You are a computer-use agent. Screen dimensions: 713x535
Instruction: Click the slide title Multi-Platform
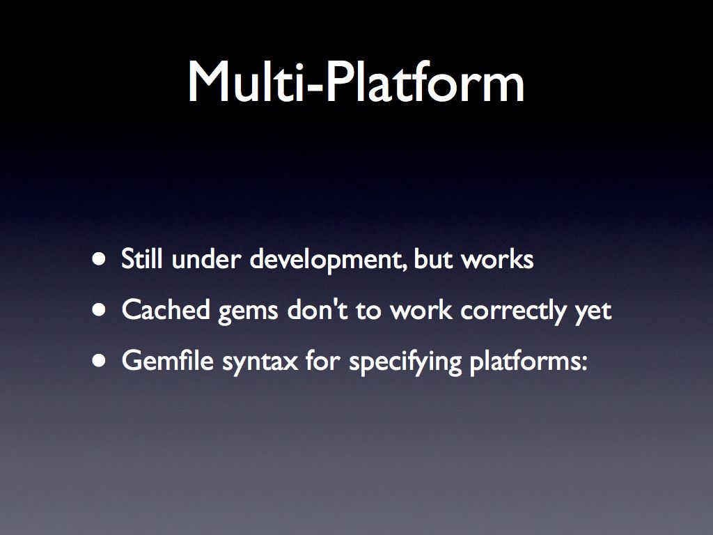tap(356, 82)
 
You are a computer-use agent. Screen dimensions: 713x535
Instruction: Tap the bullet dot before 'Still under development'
tap(99, 259)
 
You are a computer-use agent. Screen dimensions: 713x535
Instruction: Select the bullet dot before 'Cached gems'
tap(99, 310)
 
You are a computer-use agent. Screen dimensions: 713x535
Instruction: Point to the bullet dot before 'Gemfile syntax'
tap(99, 362)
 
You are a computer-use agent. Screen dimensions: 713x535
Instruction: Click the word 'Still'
tap(142, 258)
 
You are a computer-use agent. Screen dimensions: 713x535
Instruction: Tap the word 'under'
tap(206, 258)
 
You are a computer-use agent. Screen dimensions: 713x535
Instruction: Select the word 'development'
tap(328, 261)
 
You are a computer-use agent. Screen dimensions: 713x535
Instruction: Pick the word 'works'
tap(497, 258)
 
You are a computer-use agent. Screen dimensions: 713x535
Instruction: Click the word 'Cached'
tap(166, 310)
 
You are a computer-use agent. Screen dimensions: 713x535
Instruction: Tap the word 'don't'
tap(318, 310)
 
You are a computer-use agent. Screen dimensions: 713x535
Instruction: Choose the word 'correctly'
tap(513, 312)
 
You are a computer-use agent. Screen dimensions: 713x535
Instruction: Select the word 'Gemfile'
tap(168, 361)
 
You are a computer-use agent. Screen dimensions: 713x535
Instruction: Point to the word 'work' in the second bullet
tap(421, 310)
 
